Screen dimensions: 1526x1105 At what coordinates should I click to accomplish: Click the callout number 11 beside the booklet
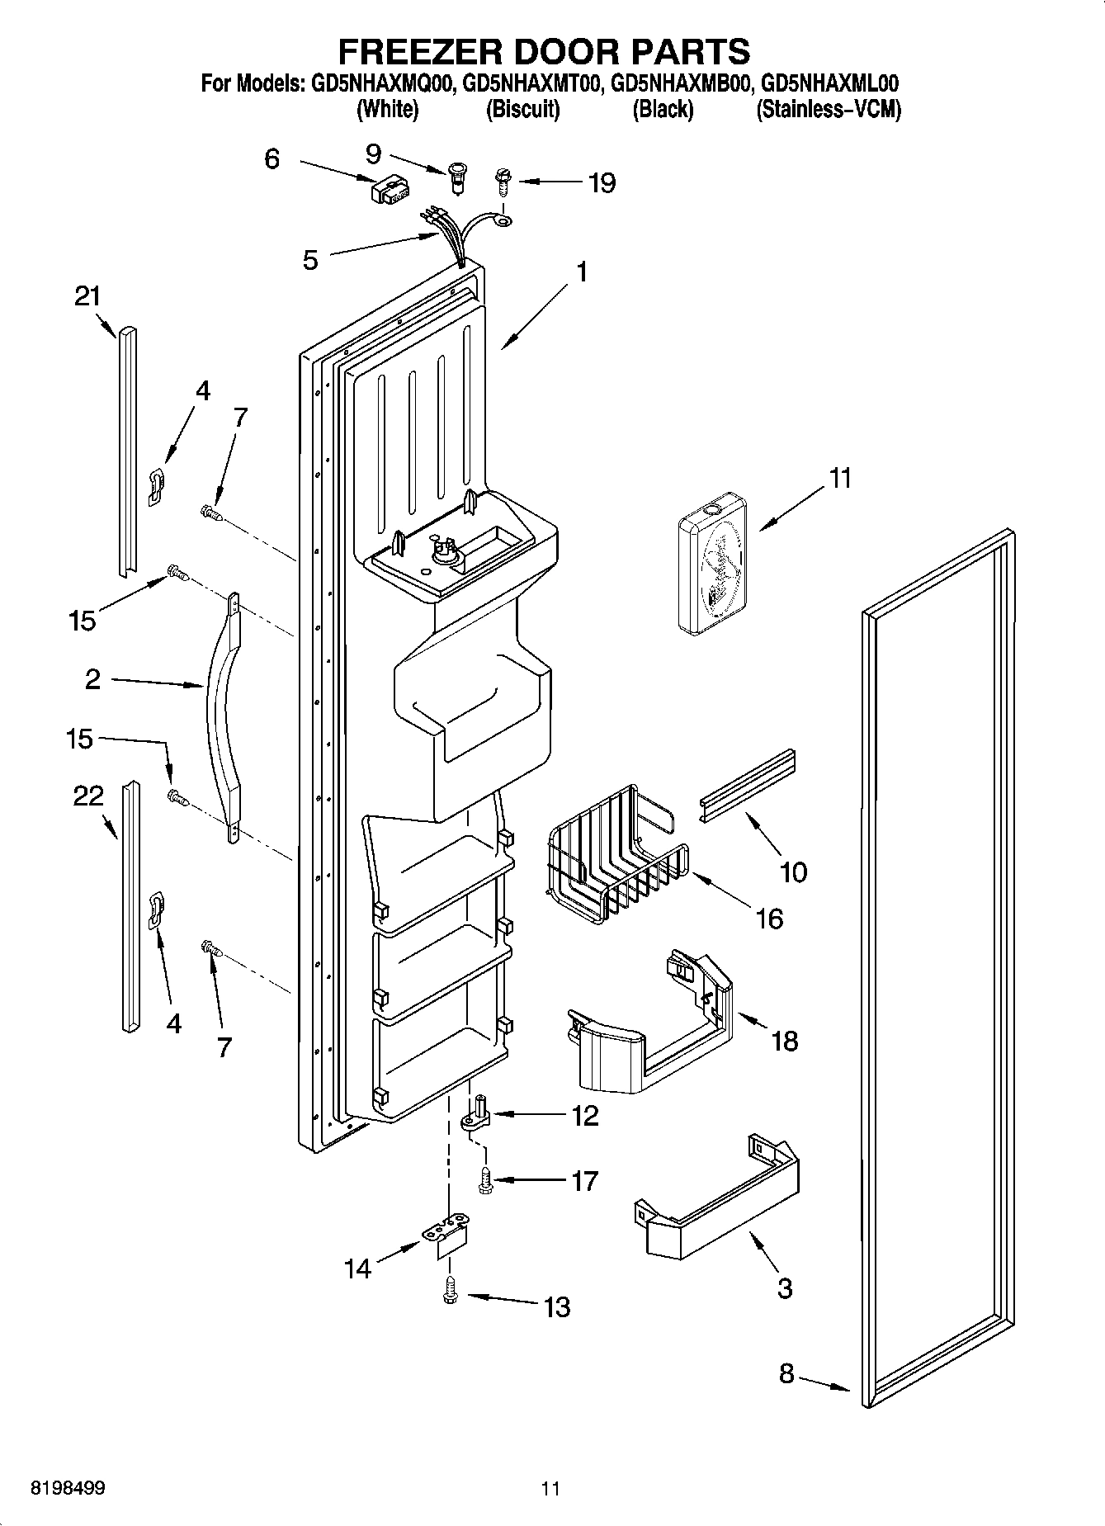pos(839,478)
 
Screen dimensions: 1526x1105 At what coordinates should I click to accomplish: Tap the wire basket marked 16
pos(615,854)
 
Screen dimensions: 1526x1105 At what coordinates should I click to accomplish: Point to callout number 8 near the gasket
pos(786,1373)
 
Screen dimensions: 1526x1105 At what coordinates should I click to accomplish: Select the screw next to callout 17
pos(485,1181)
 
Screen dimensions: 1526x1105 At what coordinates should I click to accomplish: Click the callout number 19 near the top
pos(602,182)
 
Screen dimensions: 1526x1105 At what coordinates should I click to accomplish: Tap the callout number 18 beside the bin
pos(784,1041)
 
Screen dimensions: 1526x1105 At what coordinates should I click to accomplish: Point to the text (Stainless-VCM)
pos(829,109)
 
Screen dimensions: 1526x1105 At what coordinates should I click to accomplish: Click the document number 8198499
pos(68,1488)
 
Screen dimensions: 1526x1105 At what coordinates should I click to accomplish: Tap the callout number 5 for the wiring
pos(310,260)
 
